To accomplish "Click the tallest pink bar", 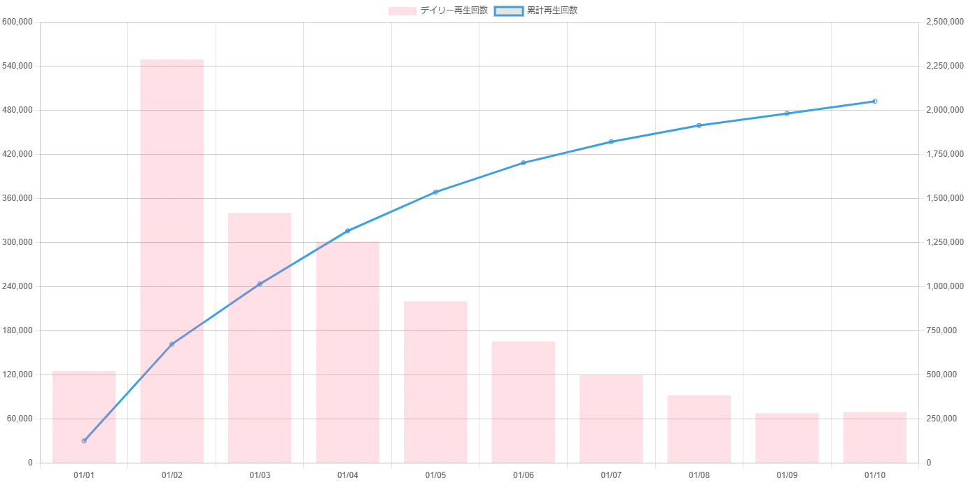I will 173,260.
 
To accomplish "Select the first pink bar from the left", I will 84,416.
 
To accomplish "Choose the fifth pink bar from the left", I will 436,381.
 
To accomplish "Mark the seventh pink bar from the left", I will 610,419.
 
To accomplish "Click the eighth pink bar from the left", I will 699,428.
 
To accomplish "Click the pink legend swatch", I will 402,11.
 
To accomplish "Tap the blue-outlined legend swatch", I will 509,11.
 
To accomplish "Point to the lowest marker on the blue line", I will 84,440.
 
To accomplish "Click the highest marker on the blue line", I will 874,101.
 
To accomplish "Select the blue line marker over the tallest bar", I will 172,344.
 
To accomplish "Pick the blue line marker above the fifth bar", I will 435,191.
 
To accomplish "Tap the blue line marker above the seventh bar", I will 611,141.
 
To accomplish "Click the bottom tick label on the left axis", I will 30,464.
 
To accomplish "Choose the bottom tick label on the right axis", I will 929,464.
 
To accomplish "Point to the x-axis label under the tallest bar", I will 171,476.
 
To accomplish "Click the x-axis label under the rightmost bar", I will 875,476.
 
